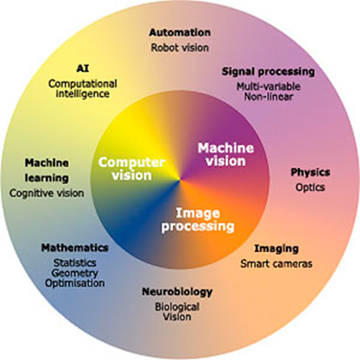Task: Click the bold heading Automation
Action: coord(180,32)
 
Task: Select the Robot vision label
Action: coord(180,48)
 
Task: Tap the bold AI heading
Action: coord(83,68)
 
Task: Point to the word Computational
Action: coord(83,84)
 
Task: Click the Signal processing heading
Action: coord(268,71)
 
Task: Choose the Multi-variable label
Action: coord(269,86)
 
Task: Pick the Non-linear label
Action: coord(269,96)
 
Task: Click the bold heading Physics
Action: coord(310,172)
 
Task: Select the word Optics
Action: coord(310,187)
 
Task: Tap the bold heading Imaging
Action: coord(276,249)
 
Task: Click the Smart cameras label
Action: coord(276,264)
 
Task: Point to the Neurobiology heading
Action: coord(177,292)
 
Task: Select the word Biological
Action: coord(177,307)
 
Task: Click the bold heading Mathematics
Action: coord(75,248)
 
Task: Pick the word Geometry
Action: coord(75,273)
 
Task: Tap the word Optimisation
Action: coord(75,283)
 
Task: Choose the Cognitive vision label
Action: coord(47,193)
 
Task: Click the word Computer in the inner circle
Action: coord(132,163)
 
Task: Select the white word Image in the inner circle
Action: coord(198,213)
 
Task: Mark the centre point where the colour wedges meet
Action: coord(180,180)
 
